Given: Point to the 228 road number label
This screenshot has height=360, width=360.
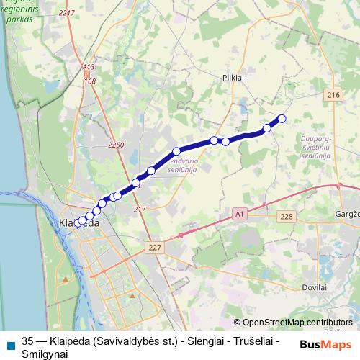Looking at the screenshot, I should pos(287,217).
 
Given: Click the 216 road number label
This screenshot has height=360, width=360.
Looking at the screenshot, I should pos(333,96).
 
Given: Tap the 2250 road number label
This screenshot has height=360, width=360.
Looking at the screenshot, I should pos(116,145).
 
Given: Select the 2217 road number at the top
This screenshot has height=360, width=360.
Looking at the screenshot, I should pos(67,14).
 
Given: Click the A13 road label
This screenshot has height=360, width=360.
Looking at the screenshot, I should pos(88,68).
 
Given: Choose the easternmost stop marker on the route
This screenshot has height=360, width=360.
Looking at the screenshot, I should pos(282,119).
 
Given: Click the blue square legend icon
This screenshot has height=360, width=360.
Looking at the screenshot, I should pos(9,344).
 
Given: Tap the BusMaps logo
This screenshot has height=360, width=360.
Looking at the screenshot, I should pos(326,344).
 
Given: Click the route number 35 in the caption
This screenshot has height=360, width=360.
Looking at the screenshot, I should pos(28,341).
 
